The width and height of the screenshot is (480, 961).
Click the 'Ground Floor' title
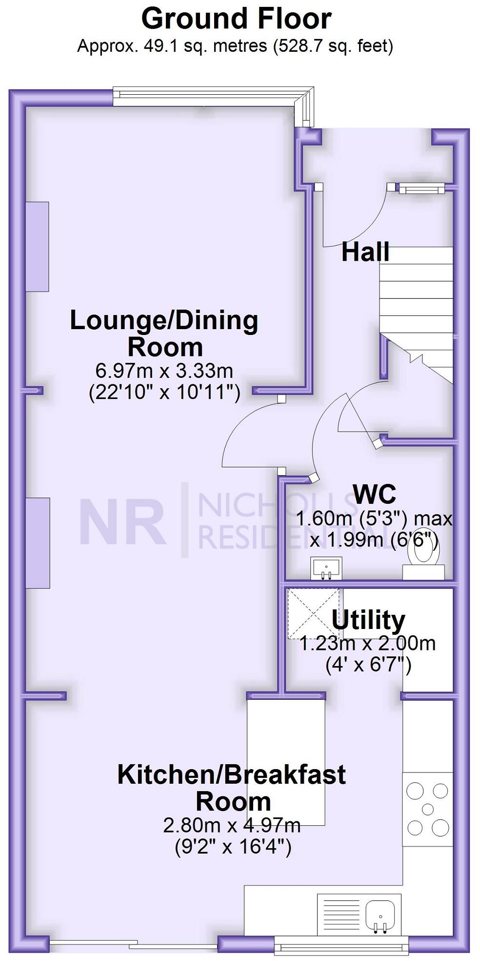pos(236,19)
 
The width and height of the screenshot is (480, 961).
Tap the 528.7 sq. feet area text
pos(334,46)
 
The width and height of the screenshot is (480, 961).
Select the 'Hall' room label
pos(365,252)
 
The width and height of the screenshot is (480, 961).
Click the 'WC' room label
pos(374,494)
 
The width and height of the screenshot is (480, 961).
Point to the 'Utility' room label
pos(368,620)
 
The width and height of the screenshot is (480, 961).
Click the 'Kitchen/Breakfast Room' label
pos(232,788)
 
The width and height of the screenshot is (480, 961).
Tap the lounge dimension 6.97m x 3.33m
pos(164,371)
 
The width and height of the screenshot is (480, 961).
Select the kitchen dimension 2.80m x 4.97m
pos(232,825)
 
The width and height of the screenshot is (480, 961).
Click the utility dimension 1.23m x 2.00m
pos(367,644)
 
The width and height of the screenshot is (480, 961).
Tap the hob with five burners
pos(427,809)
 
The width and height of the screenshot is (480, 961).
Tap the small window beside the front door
pos(421,188)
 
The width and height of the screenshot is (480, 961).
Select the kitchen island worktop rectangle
pos(286,762)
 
